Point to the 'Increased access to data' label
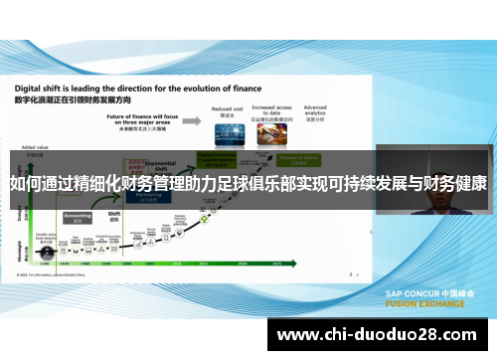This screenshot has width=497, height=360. click(x=269, y=109)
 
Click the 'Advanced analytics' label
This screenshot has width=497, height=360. click(x=315, y=108)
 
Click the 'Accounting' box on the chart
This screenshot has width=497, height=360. click(x=78, y=215)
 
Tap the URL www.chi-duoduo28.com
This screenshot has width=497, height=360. click(x=382, y=336)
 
